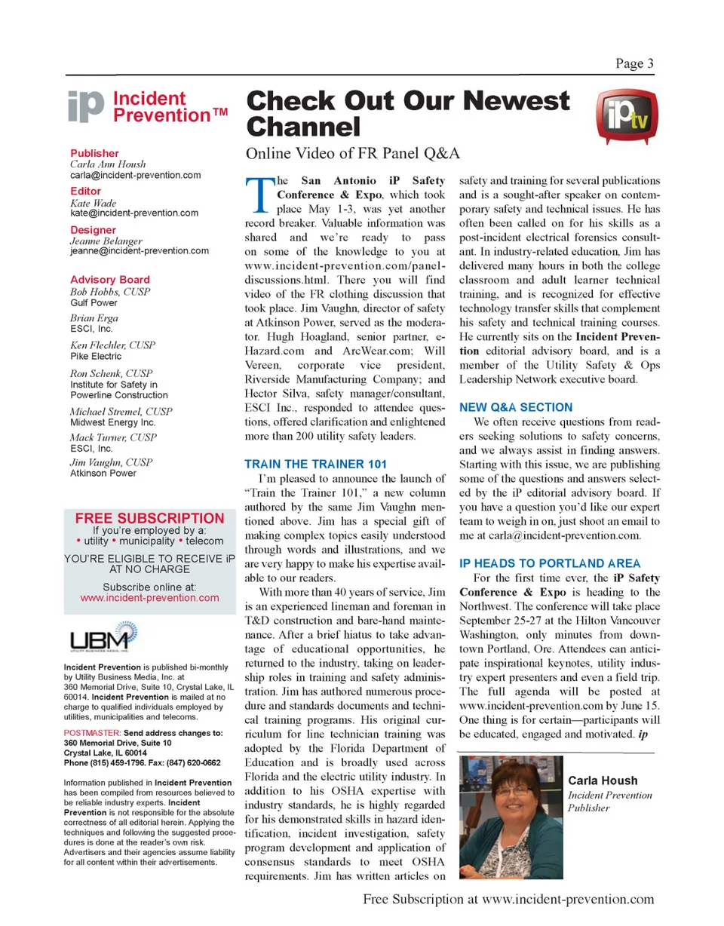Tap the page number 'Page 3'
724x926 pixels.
[634, 64]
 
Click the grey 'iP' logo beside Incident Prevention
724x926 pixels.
[84, 107]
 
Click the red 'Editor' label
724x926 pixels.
[85, 192]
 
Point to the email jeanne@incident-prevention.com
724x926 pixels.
[140, 251]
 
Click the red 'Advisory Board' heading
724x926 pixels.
[109, 279]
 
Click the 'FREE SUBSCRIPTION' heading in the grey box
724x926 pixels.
[149, 519]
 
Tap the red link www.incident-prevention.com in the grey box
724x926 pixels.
[149, 598]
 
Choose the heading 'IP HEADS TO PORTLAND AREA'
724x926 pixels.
[550, 563]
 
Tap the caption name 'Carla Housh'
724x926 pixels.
[602, 780]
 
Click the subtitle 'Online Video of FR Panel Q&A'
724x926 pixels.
[353, 154]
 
